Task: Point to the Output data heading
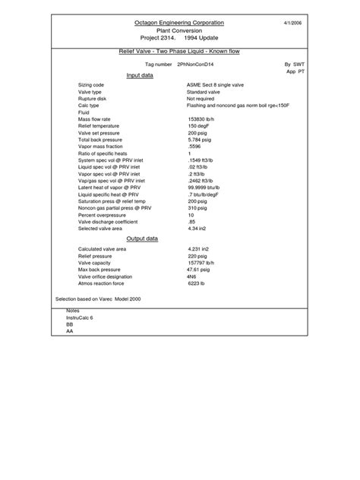pyautogui.click(x=141, y=238)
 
